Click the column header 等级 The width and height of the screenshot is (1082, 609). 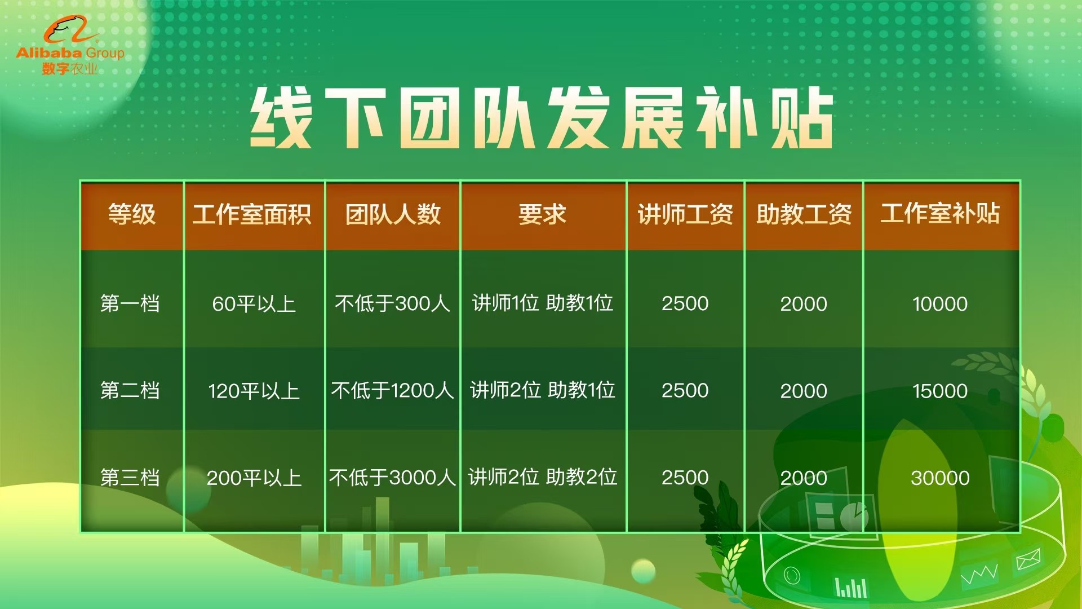(x=132, y=214)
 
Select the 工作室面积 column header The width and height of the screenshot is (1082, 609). (x=252, y=214)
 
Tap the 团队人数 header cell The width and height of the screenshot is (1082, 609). (x=393, y=214)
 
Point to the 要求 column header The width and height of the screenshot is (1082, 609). (x=542, y=214)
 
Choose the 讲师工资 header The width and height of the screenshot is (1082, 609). (x=685, y=214)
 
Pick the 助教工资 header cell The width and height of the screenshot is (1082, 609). (x=804, y=214)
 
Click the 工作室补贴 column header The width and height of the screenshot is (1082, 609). (x=940, y=214)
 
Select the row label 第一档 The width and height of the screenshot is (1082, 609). (x=130, y=303)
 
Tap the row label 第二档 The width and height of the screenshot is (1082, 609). (x=130, y=390)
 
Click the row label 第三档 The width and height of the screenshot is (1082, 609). (x=130, y=478)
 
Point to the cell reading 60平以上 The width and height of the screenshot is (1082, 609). (x=254, y=304)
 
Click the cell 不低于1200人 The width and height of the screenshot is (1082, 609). (x=392, y=390)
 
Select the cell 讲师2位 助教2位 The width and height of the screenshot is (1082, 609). (x=542, y=477)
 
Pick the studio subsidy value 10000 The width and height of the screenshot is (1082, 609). (x=940, y=304)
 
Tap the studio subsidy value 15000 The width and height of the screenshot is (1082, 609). (x=940, y=391)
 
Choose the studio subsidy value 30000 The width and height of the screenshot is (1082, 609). (x=940, y=478)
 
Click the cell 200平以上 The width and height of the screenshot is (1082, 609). (x=254, y=478)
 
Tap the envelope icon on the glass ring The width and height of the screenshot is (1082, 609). (x=1028, y=560)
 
